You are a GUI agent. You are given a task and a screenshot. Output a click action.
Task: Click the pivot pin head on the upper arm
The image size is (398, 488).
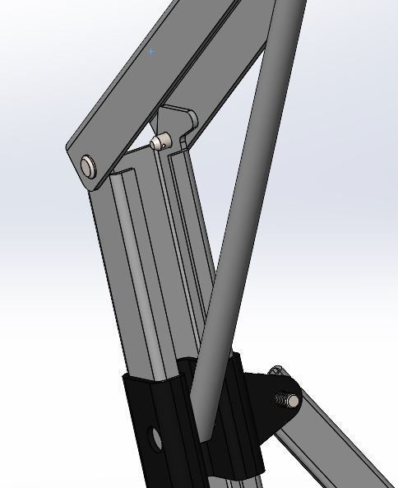[x=88, y=167]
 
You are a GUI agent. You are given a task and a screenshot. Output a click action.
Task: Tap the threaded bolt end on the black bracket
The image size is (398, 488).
[x=290, y=401]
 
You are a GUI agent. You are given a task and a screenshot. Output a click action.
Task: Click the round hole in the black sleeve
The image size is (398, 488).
[x=152, y=436]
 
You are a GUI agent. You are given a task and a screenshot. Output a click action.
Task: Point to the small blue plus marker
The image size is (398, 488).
[x=150, y=51]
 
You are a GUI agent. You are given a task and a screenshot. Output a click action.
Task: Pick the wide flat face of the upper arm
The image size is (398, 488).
[x=140, y=82]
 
